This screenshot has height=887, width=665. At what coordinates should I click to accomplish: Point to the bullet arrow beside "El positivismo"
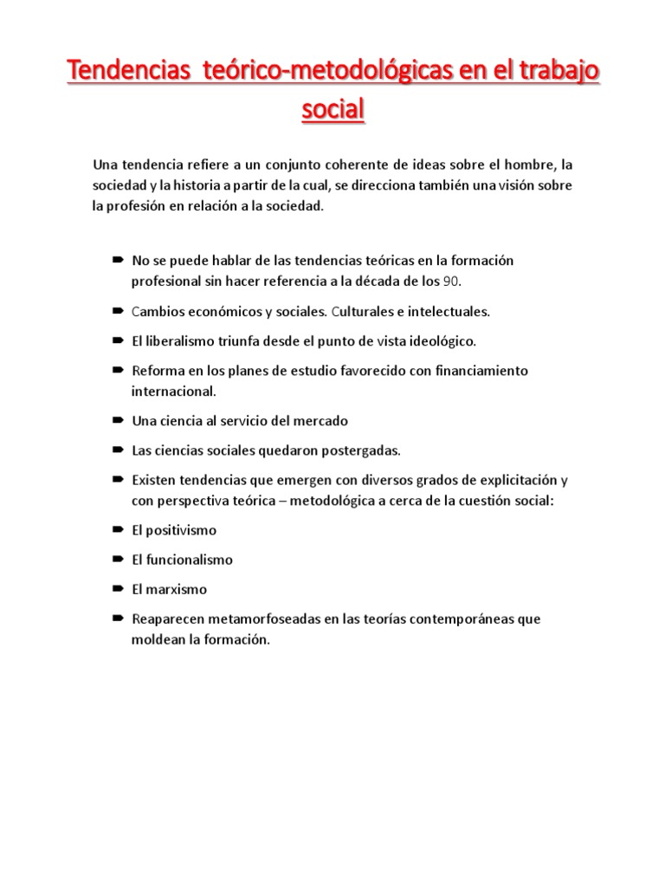[117, 529]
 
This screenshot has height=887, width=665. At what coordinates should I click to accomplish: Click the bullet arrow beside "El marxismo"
[117, 589]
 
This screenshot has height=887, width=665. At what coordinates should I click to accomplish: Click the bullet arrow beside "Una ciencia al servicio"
[117, 420]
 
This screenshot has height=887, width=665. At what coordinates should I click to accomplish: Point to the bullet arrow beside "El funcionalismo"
[117, 560]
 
